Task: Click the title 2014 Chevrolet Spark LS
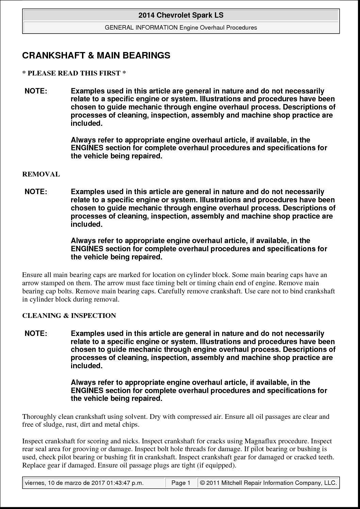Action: [x=181, y=15]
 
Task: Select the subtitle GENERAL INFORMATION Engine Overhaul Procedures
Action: [x=181, y=28]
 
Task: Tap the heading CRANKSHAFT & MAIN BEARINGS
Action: [x=96, y=55]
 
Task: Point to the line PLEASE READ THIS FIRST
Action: [x=74, y=73]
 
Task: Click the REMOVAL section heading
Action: [x=41, y=174]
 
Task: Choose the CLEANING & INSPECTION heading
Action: [x=69, y=316]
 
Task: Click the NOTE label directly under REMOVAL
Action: [x=36, y=192]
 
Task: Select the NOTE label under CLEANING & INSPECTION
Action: [x=36, y=334]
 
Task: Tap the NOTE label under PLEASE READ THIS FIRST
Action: [x=36, y=91]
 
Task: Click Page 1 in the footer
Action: [x=181, y=483]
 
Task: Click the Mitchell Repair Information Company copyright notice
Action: [x=268, y=483]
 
